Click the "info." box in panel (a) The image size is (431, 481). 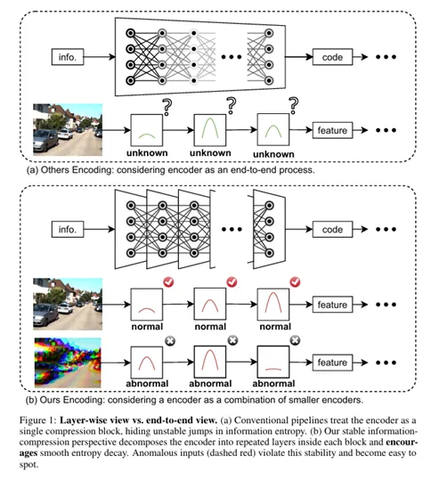pos(68,57)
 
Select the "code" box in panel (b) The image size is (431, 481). pos(332,230)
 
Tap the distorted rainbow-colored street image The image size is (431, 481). pos(68,363)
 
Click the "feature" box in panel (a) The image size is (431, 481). pos(332,130)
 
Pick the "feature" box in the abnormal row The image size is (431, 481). pos(332,363)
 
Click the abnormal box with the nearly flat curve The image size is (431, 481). pos(273,362)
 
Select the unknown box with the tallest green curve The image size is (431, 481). pos(210,130)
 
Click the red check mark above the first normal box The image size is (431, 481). pos(168,281)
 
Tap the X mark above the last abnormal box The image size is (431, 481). pos(295,340)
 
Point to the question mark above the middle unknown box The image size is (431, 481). pos(232,106)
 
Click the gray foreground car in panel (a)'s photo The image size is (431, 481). pos(46,141)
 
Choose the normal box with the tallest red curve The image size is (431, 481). pos(273,305)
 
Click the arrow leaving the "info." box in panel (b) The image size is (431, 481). pos(99,229)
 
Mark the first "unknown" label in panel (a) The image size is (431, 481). pos(147,153)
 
